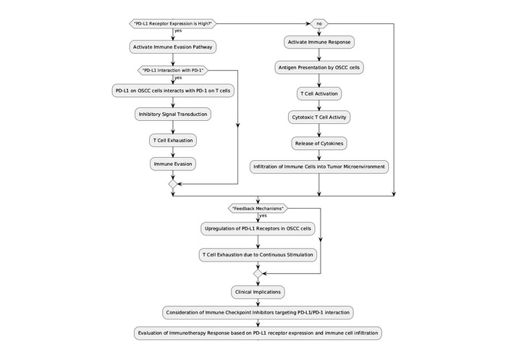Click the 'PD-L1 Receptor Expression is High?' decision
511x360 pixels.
(x=173, y=23)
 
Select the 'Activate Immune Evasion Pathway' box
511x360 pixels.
(x=173, y=47)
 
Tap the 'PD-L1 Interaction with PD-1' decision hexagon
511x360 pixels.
(x=173, y=70)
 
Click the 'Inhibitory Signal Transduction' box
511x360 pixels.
(x=173, y=114)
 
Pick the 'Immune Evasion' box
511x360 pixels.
(x=173, y=164)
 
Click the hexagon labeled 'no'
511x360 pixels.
(x=319, y=23)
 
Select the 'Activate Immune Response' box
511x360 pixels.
(x=319, y=42)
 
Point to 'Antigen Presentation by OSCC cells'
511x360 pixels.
(x=319, y=67)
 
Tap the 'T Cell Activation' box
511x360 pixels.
(x=319, y=93)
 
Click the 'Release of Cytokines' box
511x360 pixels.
(x=319, y=143)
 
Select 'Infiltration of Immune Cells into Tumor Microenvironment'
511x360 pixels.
(x=319, y=167)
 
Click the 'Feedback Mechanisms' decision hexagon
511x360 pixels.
(x=257, y=208)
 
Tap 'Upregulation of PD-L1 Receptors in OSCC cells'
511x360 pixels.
(x=257, y=228)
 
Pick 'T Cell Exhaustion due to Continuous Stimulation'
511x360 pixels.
(x=257, y=254)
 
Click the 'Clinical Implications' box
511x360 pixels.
(x=257, y=292)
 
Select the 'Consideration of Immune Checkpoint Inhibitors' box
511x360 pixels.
(x=257, y=312)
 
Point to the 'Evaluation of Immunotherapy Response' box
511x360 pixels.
(x=257, y=333)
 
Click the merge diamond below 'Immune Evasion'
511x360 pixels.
(x=173, y=185)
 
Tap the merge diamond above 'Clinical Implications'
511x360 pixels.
(x=257, y=274)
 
